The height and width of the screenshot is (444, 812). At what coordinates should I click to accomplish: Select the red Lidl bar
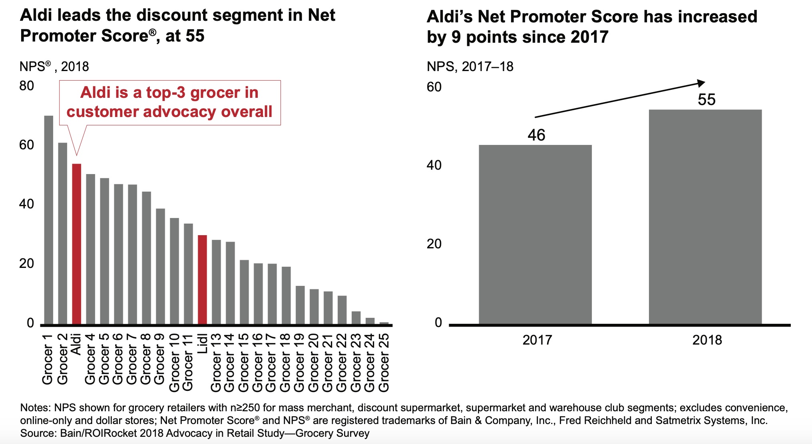[x=202, y=279]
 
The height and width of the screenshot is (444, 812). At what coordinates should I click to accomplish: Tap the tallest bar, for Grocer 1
[x=48, y=220]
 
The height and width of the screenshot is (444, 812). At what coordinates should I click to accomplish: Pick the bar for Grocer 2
[x=62, y=233]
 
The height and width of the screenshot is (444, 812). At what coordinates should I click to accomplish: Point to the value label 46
[x=536, y=135]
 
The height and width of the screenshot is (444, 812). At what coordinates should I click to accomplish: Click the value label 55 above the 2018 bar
[x=706, y=100]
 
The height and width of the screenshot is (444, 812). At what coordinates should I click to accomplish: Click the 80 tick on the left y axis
[x=27, y=86]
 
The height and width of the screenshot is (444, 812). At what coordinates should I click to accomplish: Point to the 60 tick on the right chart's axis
[x=434, y=87]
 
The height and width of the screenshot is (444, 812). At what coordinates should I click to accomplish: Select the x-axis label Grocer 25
[x=384, y=363]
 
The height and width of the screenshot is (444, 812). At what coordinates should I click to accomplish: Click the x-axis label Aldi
[x=76, y=344]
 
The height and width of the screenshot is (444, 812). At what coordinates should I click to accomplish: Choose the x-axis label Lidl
[x=203, y=343]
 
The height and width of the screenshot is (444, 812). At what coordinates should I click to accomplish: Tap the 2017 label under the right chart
[x=537, y=340]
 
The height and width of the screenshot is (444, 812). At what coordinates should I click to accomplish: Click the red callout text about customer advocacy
[x=169, y=102]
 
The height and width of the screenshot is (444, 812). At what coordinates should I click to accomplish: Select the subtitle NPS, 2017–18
[x=470, y=66]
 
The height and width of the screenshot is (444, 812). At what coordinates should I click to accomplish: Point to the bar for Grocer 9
[x=160, y=266]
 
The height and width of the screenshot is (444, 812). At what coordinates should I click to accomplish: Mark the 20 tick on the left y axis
[x=27, y=264]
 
